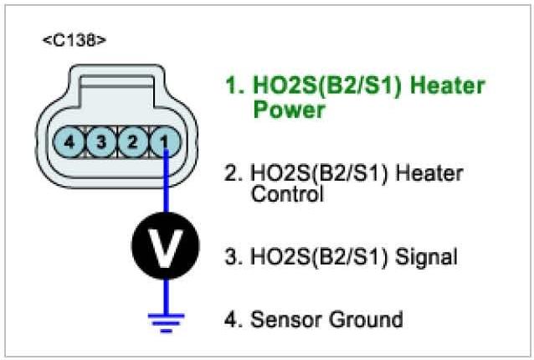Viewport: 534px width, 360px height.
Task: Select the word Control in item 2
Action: click(x=286, y=196)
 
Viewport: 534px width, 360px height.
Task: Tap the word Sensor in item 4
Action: click(x=280, y=319)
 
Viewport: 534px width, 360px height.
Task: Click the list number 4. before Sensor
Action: click(x=233, y=319)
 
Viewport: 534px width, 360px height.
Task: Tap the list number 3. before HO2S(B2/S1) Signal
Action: click(x=233, y=257)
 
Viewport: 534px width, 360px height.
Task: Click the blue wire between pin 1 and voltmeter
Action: click(x=166, y=188)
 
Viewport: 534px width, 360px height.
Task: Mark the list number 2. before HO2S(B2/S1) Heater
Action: click(x=233, y=175)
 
